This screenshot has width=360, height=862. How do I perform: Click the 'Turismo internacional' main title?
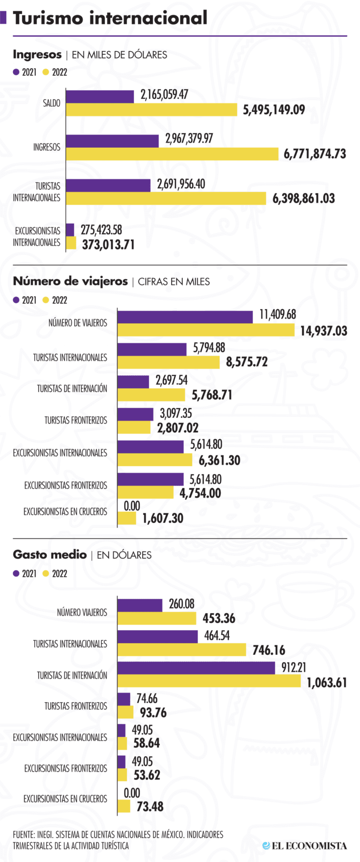(110, 18)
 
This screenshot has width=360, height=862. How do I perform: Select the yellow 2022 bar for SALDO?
(151, 109)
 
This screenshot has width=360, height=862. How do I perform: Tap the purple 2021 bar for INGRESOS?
(112, 141)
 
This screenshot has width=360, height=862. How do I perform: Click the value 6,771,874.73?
(315, 154)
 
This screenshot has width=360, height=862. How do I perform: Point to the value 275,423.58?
(101, 230)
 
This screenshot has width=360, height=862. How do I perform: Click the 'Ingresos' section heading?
(37, 54)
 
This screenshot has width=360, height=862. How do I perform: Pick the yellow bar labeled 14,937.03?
(206, 330)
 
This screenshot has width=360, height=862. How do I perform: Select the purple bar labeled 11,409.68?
(185, 317)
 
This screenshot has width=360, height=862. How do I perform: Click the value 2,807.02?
(178, 428)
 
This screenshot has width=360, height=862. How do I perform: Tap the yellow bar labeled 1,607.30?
(126, 518)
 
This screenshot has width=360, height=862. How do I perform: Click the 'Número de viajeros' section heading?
(70, 281)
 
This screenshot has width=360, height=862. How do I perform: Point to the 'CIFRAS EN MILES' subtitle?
(174, 282)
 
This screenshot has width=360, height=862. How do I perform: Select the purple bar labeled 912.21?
(196, 668)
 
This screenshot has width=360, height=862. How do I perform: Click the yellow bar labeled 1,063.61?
(209, 681)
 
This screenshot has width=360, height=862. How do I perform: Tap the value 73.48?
(150, 806)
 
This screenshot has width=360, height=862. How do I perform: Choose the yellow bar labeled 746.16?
(181, 650)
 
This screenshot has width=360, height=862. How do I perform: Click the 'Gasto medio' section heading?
(50, 554)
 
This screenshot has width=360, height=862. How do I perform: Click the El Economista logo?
(305, 845)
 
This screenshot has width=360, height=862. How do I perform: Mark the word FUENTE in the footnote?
(23, 835)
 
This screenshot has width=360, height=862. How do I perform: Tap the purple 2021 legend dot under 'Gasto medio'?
(16, 573)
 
